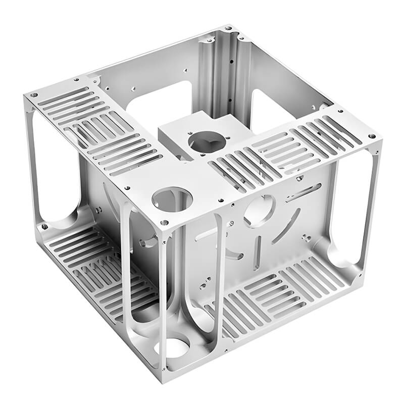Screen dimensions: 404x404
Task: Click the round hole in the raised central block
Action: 207,141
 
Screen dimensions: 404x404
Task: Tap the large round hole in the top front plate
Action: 172,198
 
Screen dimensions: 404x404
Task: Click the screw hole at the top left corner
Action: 34,95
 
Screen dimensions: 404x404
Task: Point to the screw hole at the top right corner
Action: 372,136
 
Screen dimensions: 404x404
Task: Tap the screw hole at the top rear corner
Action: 228,28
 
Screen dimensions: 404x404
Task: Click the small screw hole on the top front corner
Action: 165,222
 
